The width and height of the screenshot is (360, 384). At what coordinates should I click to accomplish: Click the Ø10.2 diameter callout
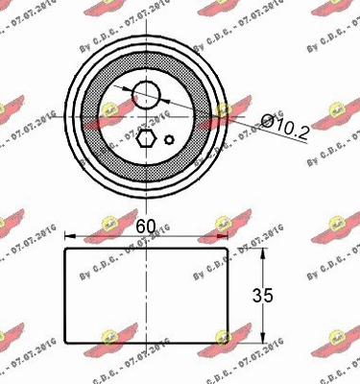287,125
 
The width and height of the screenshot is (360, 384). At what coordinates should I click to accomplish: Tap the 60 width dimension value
147,227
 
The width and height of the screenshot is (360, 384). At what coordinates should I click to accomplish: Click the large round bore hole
147,94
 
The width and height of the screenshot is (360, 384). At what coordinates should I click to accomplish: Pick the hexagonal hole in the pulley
145,140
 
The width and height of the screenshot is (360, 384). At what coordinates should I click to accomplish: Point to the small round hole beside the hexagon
169,140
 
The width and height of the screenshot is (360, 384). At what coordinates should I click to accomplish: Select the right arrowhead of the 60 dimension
223,241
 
